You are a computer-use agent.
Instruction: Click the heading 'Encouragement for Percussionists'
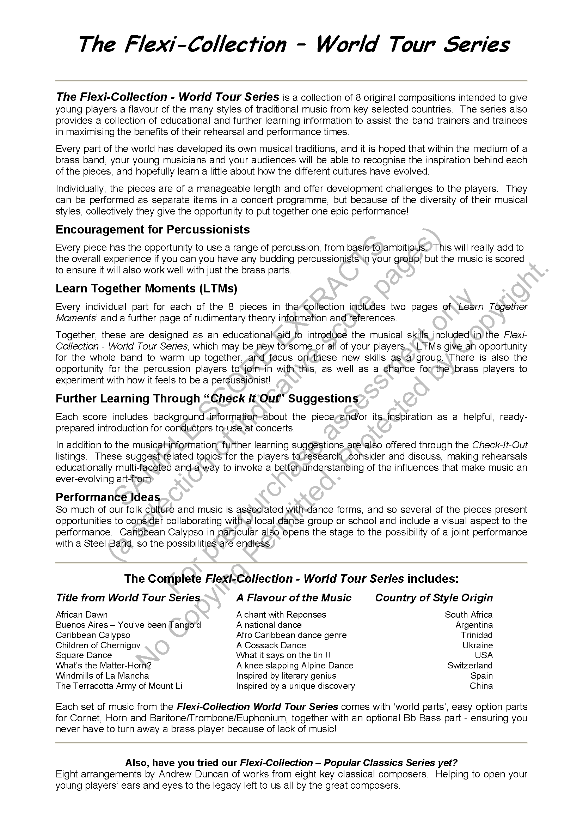pyautogui.click(x=153, y=230)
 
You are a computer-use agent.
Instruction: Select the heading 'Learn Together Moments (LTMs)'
pyautogui.click(x=147, y=288)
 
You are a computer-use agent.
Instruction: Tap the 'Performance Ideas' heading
pyautogui.click(x=108, y=497)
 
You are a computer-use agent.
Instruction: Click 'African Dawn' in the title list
pyautogui.click(x=81, y=615)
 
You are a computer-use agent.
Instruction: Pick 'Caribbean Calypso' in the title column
pyautogui.click(x=93, y=635)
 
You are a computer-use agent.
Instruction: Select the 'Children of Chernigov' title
pyautogui.click(x=98, y=645)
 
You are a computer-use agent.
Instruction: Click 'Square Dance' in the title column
pyautogui.click(x=84, y=655)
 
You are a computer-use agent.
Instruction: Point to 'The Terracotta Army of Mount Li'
pyautogui.click(x=119, y=686)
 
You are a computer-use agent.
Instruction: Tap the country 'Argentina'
pyautogui.click(x=474, y=625)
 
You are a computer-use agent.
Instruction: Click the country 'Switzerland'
pyautogui.click(x=470, y=665)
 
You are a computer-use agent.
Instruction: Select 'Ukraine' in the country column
pyautogui.click(x=478, y=645)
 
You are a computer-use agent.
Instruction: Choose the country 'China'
pyautogui.click(x=481, y=686)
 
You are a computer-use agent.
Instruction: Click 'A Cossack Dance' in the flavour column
pyautogui.click(x=271, y=645)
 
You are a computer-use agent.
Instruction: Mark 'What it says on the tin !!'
pyautogui.click(x=283, y=655)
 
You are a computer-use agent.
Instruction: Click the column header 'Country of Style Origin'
pyautogui.click(x=434, y=597)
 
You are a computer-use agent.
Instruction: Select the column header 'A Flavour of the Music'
pyautogui.click(x=294, y=597)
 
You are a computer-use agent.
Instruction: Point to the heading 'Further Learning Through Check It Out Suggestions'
pyautogui.click(x=207, y=399)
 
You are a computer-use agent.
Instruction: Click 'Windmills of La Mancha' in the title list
pyautogui.click(x=102, y=675)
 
